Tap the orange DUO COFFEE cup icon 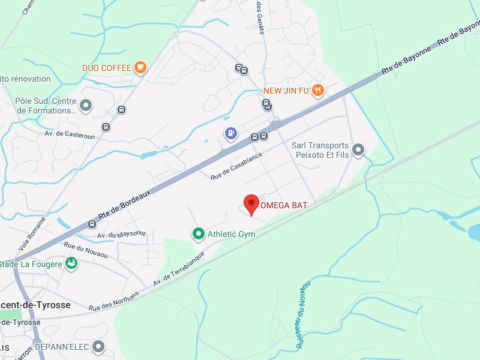pyautogui.click(x=140, y=67)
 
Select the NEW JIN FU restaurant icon pyautogui.click(x=318, y=91)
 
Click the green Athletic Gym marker pyautogui.click(x=198, y=233)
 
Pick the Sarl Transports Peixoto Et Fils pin pyautogui.click(x=358, y=149)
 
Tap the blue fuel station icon pyautogui.click(x=230, y=133)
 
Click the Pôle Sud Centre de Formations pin pyautogui.click(x=86, y=106)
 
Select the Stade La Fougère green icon pyautogui.click(x=71, y=263)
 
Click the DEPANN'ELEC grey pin pyautogui.click(x=98, y=346)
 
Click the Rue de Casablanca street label pyautogui.click(x=236, y=166)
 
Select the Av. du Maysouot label pyautogui.click(x=121, y=233)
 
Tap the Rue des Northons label pyautogui.click(x=114, y=301)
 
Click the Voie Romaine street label pyautogui.click(x=31, y=234)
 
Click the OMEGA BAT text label pyautogui.click(x=284, y=205)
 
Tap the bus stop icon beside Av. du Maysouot pyautogui.click(x=92, y=224)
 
